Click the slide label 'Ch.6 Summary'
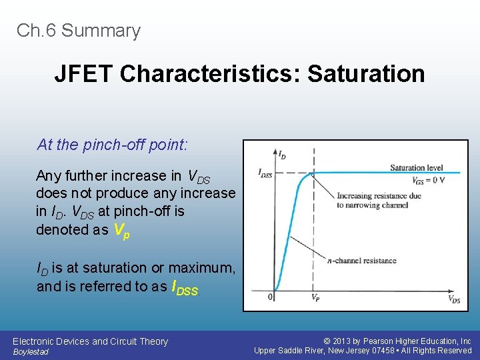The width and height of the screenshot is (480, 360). click(x=79, y=31)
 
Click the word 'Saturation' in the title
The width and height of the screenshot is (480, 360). click(x=366, y=73)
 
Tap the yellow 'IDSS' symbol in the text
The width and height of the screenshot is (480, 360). click(x=185, y=288)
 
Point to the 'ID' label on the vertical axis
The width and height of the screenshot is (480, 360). click(x=282, y=155)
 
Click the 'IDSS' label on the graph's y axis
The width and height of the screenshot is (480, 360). click(x=265, y=173)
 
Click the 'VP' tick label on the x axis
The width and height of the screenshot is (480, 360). click(x=315, y=298)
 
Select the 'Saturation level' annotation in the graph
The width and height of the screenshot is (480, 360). click(x=416, y=168)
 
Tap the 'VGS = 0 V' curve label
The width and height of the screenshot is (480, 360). click(x=427, y=181)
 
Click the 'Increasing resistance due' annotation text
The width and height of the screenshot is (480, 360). click(x=379, y=196)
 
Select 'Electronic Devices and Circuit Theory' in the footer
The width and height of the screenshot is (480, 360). click(x=90, y=341)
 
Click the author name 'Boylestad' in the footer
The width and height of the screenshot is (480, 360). click(x=31, y=352)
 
